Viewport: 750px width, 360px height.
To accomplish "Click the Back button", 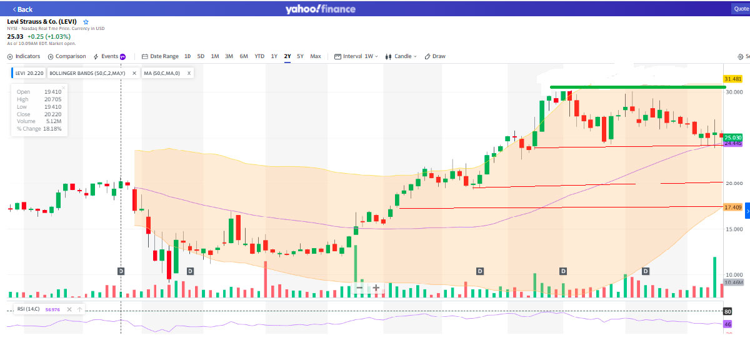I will click(22, 9).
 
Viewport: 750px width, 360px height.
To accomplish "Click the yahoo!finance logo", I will click(320, 9).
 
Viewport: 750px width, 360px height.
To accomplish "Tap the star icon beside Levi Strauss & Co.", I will click(86, 22).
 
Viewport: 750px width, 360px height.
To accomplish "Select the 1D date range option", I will click(187, 56).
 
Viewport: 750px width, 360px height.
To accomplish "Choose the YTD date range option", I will click(259, 56).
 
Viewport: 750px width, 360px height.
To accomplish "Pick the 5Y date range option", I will click(300, 56).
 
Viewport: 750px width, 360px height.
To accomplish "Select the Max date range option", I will click(316, 56).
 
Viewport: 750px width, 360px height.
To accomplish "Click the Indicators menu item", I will click(24, 56).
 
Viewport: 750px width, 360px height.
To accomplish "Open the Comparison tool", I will click(67, 56).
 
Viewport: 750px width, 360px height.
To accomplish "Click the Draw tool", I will click(435, 56).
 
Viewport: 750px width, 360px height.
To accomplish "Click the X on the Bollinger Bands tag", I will click(134, 73).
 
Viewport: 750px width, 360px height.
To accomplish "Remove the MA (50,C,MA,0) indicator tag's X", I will click(189, 73).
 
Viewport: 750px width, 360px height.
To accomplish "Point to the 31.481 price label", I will click(732, 79).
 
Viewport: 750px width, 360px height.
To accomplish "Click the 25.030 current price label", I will click(732, 137).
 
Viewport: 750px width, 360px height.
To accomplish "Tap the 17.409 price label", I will click(732, 207).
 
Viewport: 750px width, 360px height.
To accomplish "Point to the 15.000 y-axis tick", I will click(734, 229).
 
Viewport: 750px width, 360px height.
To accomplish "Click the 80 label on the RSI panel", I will click(727, 311).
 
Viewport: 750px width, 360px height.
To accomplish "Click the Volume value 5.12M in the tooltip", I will click(52, 122).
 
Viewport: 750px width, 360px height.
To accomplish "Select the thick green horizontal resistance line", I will click(637, 87).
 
